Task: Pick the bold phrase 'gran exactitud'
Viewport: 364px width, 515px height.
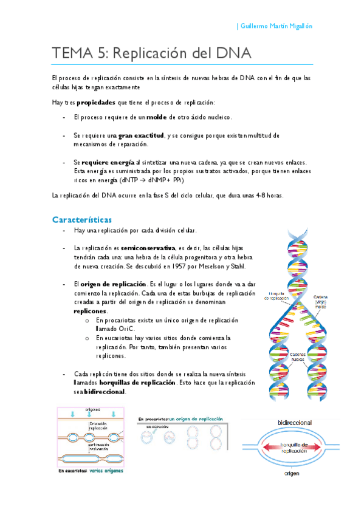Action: (x=141, y=135)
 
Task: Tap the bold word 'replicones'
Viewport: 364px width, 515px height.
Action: (x=90, y=310)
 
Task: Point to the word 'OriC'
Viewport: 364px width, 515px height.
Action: (x=115, y=328)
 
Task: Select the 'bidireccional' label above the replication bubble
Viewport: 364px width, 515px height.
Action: (x=294, y=421)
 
